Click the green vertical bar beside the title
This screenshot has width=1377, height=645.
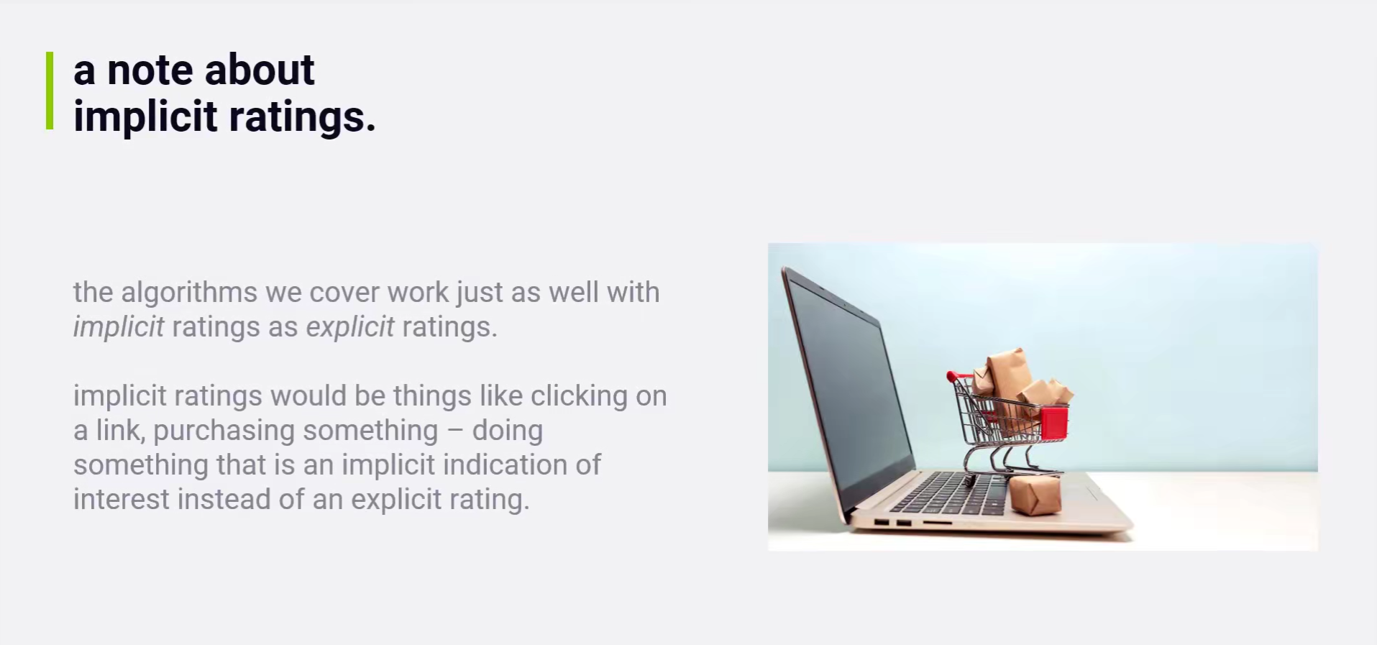pyautogui.click(x=50, y=91)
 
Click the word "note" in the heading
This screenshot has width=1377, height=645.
pyautogui.click(x=150, y=70)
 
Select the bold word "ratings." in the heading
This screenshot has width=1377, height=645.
pyautogui.click(x=302, y=116)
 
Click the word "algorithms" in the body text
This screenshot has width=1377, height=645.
pyautogui.click(x=189, y=293)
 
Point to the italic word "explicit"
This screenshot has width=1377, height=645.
pyautogui.click(x=350, y=328)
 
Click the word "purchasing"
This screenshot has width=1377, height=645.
pyautogui.click(x=224, y=431)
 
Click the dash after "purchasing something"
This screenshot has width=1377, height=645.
pyautogui.click(x=455, y=431)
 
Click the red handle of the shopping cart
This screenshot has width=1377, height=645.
pyautogui.click(x=951, y=376)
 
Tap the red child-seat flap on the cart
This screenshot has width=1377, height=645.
pyautogui.click(x=1054, y=422)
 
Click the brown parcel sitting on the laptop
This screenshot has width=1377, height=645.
pyautogui.click(x=1035, y=496)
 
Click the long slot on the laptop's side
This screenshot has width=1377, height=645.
pyautogui.click(x=937, y=523)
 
